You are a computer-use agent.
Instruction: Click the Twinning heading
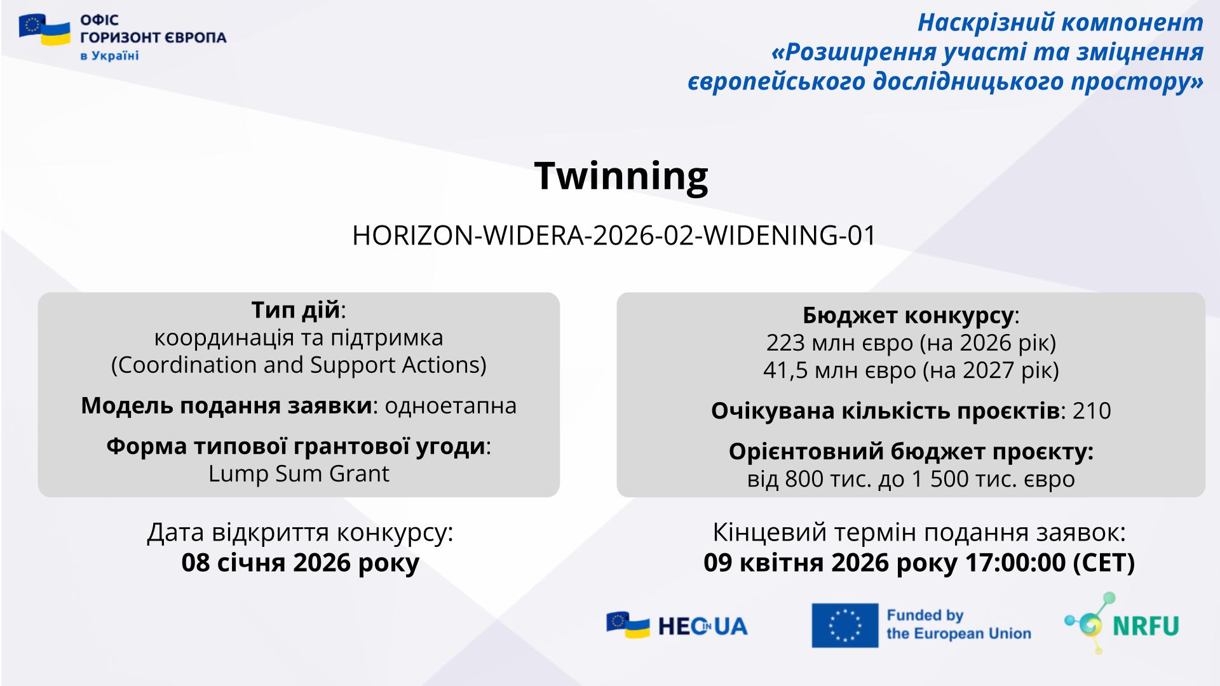621,175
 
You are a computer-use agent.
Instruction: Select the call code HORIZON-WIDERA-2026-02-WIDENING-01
614,236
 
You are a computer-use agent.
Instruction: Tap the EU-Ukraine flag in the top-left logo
44,30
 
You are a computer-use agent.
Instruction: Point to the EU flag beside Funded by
845,625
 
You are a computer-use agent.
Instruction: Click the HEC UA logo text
703,626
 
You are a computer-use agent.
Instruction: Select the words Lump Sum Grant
299,474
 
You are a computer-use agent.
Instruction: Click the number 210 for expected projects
1092,411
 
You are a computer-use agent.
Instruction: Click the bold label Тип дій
295,311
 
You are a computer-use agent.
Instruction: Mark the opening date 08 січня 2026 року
301,563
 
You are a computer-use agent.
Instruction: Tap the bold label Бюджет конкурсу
908,316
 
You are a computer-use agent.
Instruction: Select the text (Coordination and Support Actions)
299,366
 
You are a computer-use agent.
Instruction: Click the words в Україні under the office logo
109,56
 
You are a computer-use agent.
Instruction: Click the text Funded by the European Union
959,624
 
